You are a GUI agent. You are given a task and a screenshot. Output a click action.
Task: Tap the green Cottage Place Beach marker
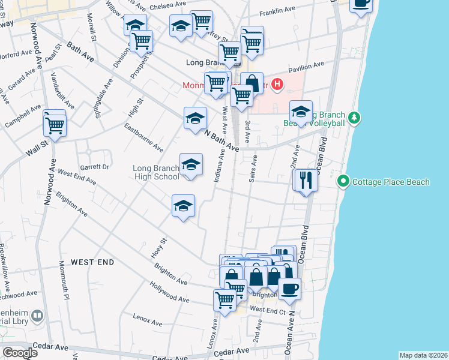click(x=344, y=181)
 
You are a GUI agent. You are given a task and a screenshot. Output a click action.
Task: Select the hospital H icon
click(x=276, y=85)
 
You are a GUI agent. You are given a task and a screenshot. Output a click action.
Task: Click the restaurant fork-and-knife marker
click(x=306, y=180)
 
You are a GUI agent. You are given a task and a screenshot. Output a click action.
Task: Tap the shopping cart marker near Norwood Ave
click(x=55, y=125)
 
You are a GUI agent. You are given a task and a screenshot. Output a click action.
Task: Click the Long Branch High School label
click(x=156, y=172)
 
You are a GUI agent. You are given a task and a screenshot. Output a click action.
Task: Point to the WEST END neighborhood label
click(x=92, y=262)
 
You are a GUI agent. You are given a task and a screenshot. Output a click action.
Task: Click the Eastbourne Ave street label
click(x=143, y=137)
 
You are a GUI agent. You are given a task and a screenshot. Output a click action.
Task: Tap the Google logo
click(x=20, y=353)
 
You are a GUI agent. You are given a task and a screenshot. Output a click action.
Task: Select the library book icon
click(x=37, y=316)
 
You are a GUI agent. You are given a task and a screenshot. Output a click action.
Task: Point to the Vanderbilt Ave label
click(x=62, y=90)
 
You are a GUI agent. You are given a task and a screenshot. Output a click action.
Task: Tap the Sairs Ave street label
click(x=253, y=169)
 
